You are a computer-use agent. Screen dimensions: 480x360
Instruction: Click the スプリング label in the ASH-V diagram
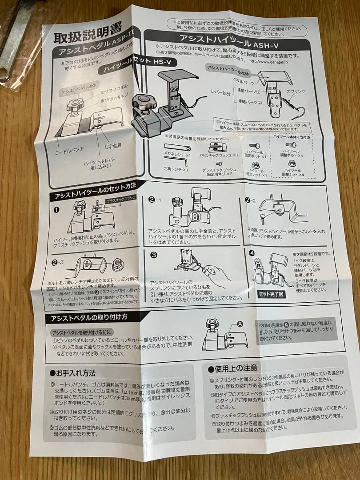pyautogui.click(x=296, y=92)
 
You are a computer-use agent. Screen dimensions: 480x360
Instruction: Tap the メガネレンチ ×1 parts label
pyautogui.click(x=176, y=156)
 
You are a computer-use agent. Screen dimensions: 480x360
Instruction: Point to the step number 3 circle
pyautogui.click(x=153, y=255)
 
